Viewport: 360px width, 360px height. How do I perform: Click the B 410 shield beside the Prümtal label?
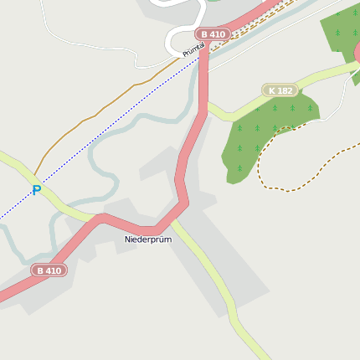212,34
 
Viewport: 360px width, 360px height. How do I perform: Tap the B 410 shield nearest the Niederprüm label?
49,270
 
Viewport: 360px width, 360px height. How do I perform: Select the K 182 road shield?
280,90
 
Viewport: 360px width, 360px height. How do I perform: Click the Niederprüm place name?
148,239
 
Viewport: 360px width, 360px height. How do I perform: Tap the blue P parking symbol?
36,191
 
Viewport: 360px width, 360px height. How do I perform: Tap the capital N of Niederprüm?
128,239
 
